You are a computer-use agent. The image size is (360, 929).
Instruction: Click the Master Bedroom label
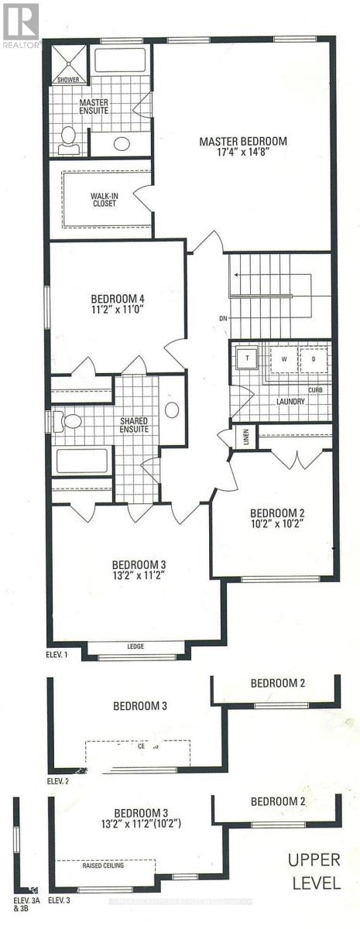tap(242, 142)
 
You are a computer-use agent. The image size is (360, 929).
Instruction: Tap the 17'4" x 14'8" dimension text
tap(242, 153)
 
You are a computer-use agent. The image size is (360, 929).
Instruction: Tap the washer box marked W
tap(283, 360)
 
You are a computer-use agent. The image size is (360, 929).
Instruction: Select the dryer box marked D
tap(314, 360)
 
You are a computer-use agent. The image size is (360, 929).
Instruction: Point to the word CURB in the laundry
tap(315, 389)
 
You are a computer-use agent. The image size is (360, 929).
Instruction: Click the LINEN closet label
tap(245, 437)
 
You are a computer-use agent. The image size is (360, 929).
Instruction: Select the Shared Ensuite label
tap(134, 425)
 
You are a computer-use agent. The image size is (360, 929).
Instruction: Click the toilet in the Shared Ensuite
tap(70, 422)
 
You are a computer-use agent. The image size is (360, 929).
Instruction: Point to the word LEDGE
tap(135, 646)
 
